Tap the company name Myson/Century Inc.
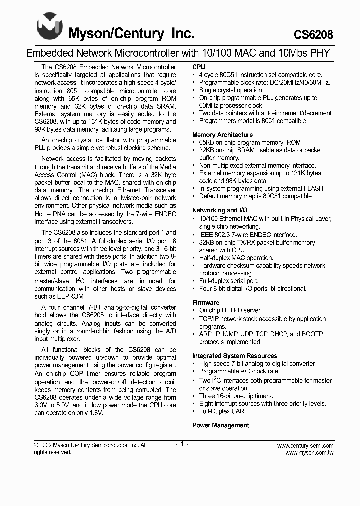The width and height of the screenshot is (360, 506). tap(131, 34)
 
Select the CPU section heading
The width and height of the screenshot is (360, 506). tap(199, 67)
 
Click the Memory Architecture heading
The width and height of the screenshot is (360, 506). tap(222, 135)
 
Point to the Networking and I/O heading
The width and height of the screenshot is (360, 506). tap(220, 210)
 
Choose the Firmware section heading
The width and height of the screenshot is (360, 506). tap(206, 302)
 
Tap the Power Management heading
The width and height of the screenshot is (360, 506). tap(221, 425)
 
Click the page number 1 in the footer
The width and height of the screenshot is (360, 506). tap(181, 444)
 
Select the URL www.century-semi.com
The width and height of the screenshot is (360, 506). tap(305, 445)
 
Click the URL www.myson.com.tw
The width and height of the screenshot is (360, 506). tap(309, 453)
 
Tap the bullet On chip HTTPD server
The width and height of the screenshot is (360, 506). tap(231, 310)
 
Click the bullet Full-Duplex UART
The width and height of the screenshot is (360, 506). tap(223, 411)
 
